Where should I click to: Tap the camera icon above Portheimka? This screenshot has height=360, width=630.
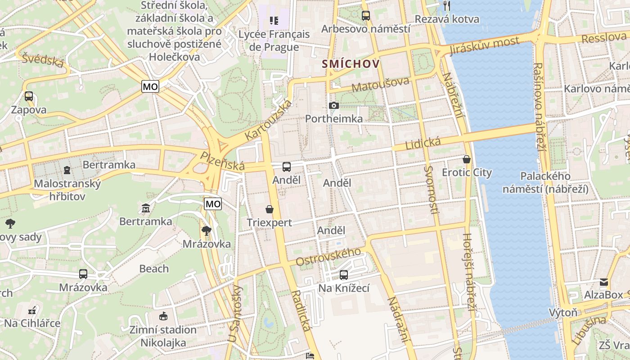pos(334,105)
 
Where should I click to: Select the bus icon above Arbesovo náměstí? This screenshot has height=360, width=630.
pos(365,16)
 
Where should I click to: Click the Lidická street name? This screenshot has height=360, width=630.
pos(423,144)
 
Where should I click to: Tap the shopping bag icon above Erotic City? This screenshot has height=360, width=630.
pos(467,159)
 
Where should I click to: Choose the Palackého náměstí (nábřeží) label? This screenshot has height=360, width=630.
pos(545,182)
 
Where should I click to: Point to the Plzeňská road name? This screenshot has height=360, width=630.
pos(222,161)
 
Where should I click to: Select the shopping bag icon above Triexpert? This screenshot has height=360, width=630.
pos(270,209)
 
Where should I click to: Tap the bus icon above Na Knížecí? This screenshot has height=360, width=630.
pos(344,274)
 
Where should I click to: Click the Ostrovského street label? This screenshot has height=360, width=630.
pos(328,256)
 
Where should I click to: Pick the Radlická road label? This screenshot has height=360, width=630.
pos(301,310)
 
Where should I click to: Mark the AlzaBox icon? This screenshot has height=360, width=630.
pos(603,282)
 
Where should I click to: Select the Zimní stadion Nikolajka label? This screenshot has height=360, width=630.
pos(162,336)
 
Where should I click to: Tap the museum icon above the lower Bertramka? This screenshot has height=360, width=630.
pos(146,208)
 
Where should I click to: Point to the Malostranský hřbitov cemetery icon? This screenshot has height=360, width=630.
pos(67,170)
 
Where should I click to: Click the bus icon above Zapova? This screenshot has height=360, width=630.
pos(29,96)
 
